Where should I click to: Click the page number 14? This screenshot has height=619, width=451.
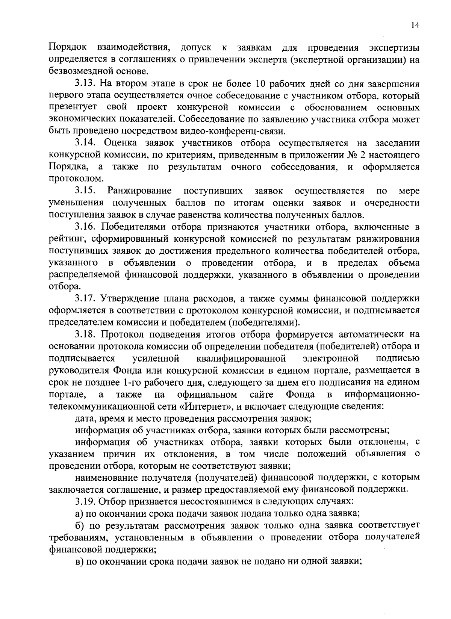415,25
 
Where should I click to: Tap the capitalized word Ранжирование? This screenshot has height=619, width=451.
139,191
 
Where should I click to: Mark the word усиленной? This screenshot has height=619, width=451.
156,358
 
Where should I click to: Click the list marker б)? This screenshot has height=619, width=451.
80,525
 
